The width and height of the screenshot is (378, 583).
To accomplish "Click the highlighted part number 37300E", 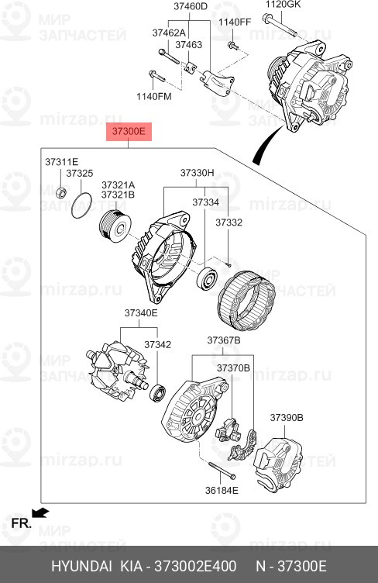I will (129, 132).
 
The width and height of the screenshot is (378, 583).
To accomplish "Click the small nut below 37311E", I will (60, 190).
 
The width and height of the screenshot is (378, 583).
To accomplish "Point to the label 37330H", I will (198, 173).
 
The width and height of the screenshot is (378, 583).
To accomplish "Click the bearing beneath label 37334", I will (207, 277).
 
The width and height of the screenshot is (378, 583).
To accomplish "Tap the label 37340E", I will (141, 313).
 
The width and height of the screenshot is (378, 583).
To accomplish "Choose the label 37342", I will (157, 344).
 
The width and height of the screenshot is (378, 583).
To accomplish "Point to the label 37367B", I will (223, 340).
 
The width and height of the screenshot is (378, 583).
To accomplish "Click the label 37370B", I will (233, 367).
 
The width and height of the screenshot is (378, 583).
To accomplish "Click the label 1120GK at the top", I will (282, 5).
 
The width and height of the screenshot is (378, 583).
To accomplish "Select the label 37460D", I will (191, 6).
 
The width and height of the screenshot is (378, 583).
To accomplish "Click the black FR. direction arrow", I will (41, 512).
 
